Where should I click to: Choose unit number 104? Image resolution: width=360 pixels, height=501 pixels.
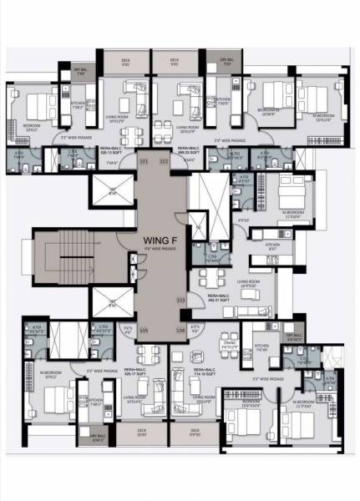[180, 331]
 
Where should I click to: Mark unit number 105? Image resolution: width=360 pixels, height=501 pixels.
[143, 331]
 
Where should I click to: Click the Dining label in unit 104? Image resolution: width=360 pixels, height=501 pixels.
[228, 344]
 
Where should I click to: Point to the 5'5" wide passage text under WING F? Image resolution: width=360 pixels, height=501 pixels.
[158, 248]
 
